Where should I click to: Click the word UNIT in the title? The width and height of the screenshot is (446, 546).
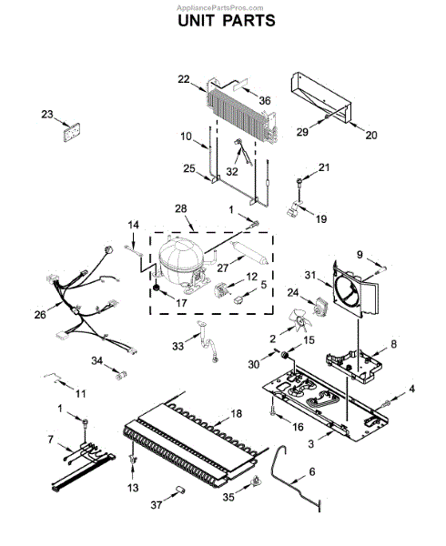[196, 19]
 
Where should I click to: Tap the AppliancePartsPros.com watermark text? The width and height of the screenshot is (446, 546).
[223, 5]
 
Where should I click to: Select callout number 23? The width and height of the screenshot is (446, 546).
[47, 114]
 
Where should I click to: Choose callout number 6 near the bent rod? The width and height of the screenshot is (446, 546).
[311, 471]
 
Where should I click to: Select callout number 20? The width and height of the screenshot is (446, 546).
[370, 136]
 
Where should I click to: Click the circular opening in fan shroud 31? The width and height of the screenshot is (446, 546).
[345, 292]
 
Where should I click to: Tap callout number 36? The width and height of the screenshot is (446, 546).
[265, 100]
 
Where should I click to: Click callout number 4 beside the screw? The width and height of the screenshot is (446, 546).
[411, 389]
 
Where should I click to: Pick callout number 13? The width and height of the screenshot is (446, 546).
[133, 489]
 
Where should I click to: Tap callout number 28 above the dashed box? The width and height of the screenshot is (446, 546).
[180, 208]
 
